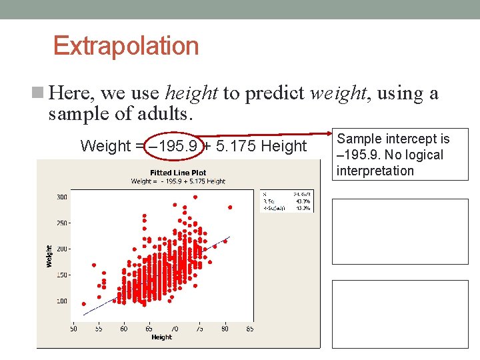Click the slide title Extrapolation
[x=126, y=46]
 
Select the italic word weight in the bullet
[x=339, y=93]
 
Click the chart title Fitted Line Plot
[x=178, y=173]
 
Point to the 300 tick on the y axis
[x=61, y=197]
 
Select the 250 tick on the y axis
[x=61, y=223]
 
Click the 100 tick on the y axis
[x=61, y=301]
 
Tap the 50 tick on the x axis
[x=73, y=329]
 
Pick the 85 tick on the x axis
[x=249, y=329]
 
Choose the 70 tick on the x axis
[x=174, y=329]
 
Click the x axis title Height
[x=161, y=337]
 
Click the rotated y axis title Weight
[x=49, y=256]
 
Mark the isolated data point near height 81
[x=230, y=207]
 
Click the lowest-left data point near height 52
[x=83, y=304]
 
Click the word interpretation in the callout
[x=375, y=171]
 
